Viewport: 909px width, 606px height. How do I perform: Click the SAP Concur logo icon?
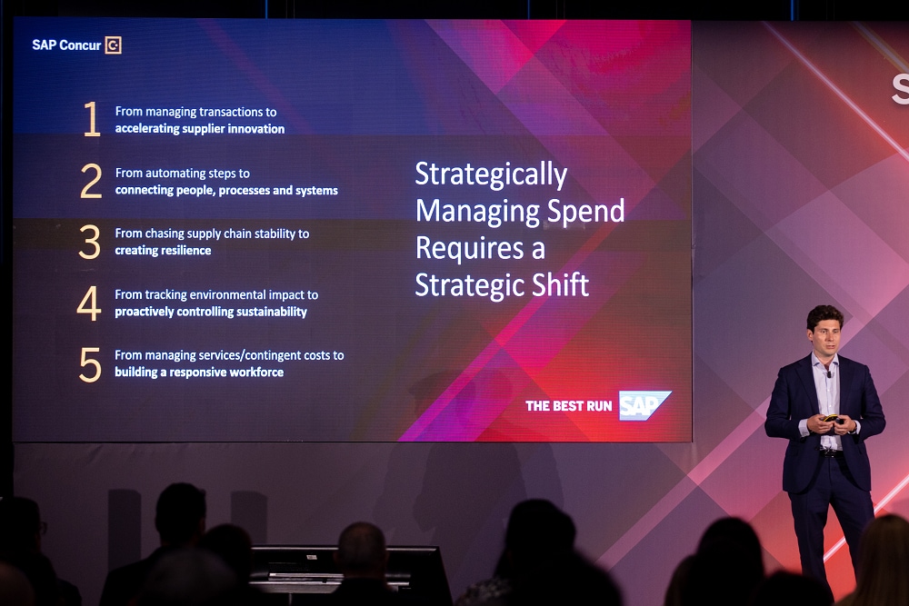point(113,45)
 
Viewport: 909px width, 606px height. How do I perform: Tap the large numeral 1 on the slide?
point(92,119)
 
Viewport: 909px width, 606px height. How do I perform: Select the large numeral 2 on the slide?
point(91,181)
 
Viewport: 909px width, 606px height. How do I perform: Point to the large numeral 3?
point(90,242)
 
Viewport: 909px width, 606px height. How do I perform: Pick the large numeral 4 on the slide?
point(89,303)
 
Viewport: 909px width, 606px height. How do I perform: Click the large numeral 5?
point(90,364)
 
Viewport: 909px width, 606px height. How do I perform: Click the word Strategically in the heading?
point(491,175)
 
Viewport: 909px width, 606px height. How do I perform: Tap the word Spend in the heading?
point(585,212)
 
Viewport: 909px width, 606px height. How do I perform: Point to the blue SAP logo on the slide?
point(644,405)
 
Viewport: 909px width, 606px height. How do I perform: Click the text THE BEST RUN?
point(569,406)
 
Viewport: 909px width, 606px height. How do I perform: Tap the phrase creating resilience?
point(163,250)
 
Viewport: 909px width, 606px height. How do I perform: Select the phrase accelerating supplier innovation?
point(200,129)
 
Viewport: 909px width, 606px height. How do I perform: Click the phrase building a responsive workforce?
point(199,372)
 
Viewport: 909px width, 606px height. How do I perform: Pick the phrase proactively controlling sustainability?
point(211,312)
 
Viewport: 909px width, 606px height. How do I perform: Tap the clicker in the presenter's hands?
point(832,419)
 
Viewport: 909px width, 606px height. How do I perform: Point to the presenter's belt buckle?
point(832,453)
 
